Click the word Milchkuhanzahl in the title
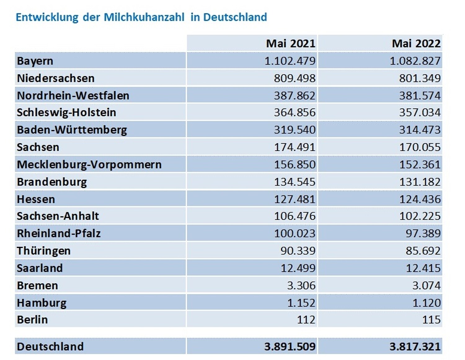click(144, 17)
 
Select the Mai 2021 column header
click(290, 43)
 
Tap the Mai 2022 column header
click(416, 43)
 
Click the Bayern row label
click(35, 61)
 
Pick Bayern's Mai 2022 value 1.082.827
click(415, 61)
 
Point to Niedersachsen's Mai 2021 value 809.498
click(294, 78)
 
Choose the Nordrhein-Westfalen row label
click(73, 95)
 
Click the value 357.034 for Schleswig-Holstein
click(420, 112)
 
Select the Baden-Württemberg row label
click(72, 130)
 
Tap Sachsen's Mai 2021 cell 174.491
click(294, 147)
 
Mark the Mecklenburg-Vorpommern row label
click(89, 165)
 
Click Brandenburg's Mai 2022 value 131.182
click(420, 182)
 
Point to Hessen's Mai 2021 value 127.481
click(294, 199)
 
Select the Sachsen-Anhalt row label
click(58, 216)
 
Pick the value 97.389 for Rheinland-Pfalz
click(423, 233)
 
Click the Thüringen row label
click(44, 251)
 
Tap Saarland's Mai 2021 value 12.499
click(298, 268)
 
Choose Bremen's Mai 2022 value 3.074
click(426, 285)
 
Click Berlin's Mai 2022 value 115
click(431, 319)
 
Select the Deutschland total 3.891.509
click(290, 346)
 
